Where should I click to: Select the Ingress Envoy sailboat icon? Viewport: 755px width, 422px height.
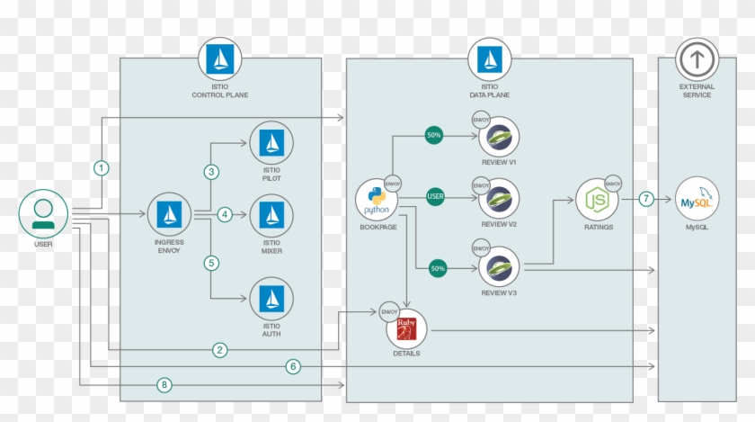tap(169, 214)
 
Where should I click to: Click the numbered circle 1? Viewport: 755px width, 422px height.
tap(102, 167)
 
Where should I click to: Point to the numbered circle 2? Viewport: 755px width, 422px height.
tap(219, 349)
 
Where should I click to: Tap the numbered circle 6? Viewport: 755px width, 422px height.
tap(292, 366)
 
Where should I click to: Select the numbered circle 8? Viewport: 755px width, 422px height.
tap(163, 385)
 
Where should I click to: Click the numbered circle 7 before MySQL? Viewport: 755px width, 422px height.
tap(645, 199)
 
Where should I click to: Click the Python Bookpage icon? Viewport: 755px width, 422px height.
tap(377, 201)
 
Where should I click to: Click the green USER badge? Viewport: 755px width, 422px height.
tap(437, 195)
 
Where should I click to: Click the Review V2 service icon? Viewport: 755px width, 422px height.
tap(498, 199)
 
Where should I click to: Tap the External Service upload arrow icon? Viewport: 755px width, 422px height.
tap(696, 60)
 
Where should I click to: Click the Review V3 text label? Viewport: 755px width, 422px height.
tap(498, 293)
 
